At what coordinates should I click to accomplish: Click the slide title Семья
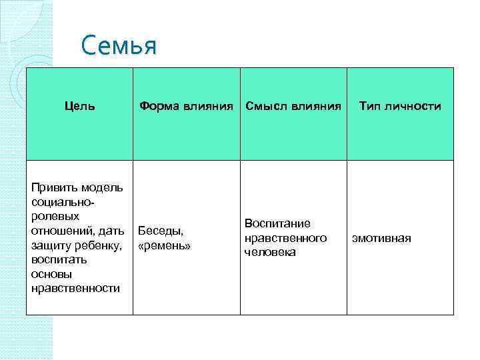point(118,47)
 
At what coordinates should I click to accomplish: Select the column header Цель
point(79,105)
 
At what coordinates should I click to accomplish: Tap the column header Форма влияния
point(187,105)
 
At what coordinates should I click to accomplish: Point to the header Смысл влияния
point(293,105)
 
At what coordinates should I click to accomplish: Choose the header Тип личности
point(400,105)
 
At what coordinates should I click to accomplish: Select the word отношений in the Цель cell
point(60,231)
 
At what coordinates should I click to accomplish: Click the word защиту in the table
point(49,245)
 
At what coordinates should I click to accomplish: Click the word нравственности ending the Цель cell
point(75,288)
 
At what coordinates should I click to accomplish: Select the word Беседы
point(160,231)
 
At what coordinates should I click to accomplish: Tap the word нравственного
point(285,238)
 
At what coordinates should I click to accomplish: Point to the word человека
point(270,253)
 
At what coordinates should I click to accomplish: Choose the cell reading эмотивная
point(382,238)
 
